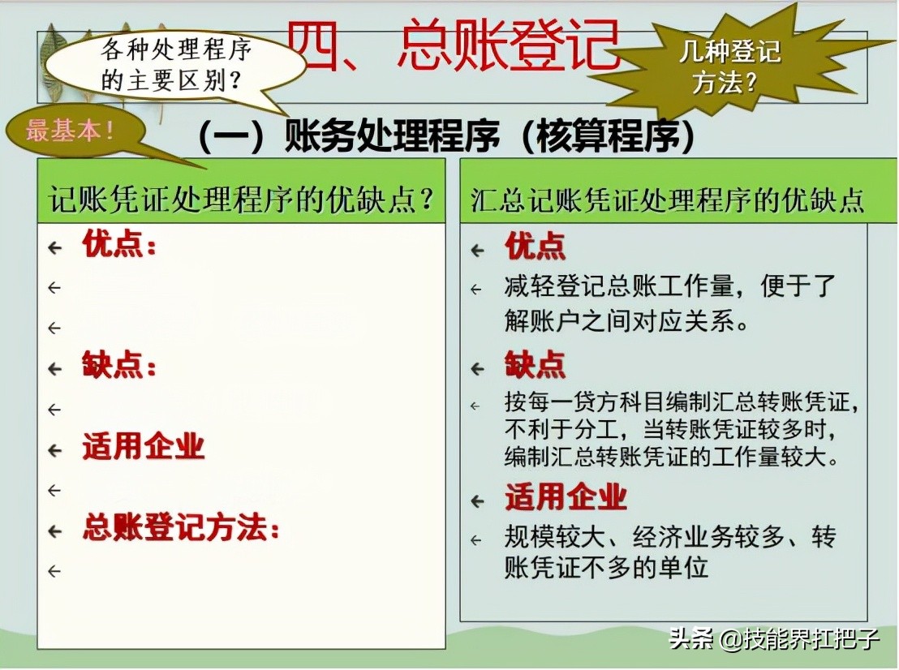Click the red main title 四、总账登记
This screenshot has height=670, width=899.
click(454, 45)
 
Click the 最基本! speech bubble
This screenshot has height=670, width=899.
click(71, 131)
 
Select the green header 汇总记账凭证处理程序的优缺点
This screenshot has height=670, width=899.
click(667, 200)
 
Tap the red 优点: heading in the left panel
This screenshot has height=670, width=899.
click(119, 245)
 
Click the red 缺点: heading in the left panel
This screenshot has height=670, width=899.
click(119, 367)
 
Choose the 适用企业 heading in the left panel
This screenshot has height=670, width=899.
click(144, 448)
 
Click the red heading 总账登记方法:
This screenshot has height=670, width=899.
click(181, 530)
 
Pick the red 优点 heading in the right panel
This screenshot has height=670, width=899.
click(536, 247)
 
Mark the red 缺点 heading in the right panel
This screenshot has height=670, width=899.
click(536, 366)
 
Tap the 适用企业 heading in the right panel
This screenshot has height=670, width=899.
click(566, 496)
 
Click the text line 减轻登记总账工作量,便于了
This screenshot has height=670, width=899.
click(669, 286)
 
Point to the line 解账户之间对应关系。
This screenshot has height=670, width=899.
click(626, 321)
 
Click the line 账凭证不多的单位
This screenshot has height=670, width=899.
click(606, 568)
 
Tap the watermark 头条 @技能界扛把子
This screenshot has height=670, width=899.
click(774, 639)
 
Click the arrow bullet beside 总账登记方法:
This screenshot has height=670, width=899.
click(55, 531)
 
